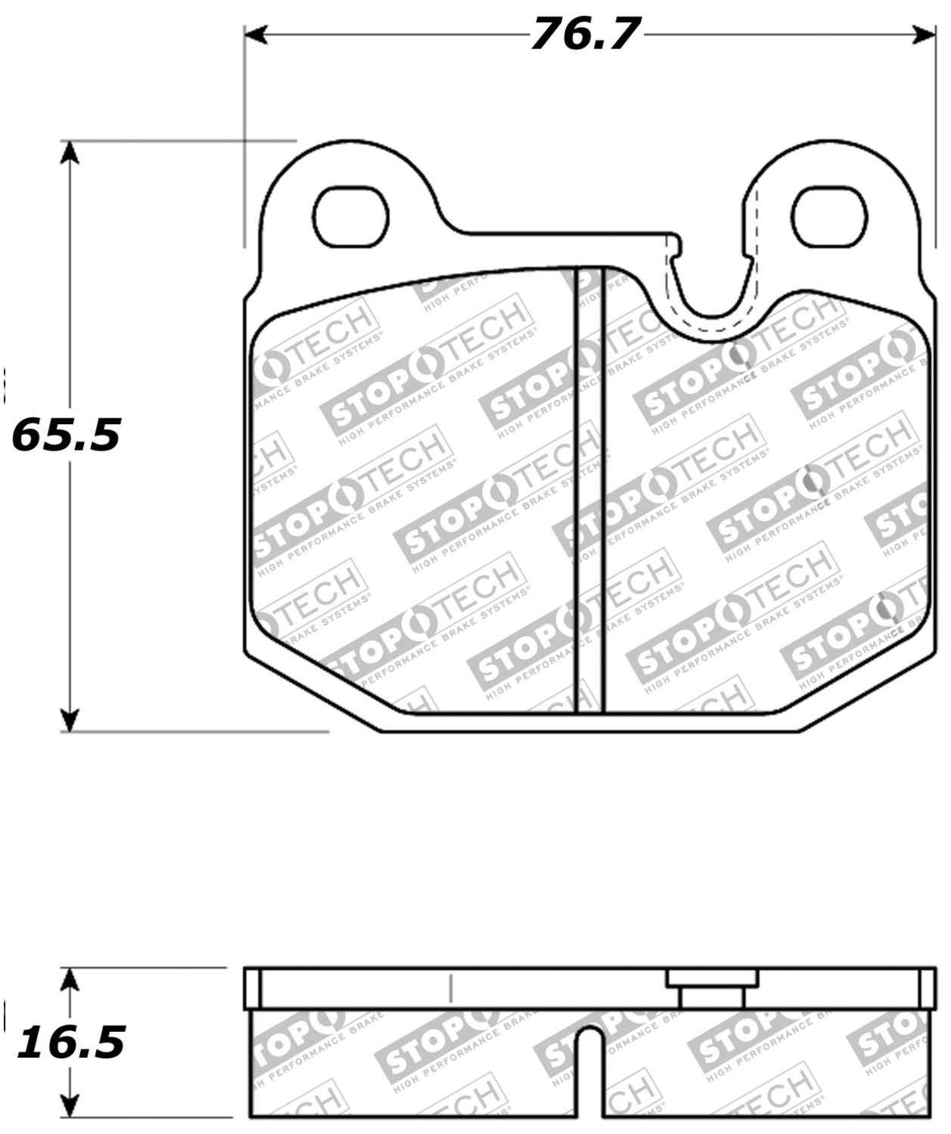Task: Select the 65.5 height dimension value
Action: pyautogui.click(x=67, y=435)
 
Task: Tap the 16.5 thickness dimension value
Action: pyautogui.click(x=71, y=1043)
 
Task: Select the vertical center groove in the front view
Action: pyautogui.click(x=590, y=491)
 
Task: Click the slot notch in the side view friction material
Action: pyautogui.click(x=590, y=1074)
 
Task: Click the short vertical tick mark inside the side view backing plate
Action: pyautogui.click(x=450, y=987)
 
